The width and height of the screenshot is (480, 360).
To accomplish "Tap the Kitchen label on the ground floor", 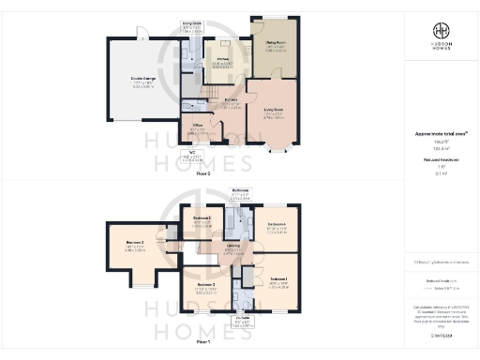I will (222, 62).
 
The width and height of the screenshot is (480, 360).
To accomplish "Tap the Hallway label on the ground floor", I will (231, 103).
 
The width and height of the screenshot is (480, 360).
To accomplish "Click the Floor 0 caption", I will (229, 173).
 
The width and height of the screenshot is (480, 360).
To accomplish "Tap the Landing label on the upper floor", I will (232, 247).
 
